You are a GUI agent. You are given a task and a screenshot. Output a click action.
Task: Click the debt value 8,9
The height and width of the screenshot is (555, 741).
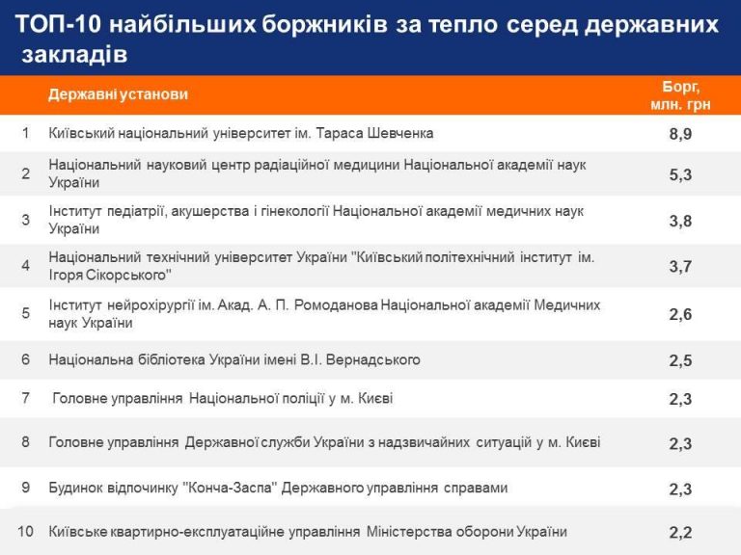click(x=680, y=134)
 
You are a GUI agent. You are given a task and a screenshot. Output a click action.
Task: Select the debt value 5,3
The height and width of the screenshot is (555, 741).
click(x=680, y=175)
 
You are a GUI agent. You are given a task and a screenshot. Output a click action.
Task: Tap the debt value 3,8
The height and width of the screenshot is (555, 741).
click(x=680, y=221)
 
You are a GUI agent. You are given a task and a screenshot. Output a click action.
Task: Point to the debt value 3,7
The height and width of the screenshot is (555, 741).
click(x=680, y=267)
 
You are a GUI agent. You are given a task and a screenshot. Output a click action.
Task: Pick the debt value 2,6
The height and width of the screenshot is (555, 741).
click(x=680, y=314)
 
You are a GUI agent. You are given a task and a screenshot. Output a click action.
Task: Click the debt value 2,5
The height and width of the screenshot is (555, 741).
click(x=680, y=360)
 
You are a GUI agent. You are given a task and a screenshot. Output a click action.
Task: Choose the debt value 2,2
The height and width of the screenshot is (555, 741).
click(x=680, y=533)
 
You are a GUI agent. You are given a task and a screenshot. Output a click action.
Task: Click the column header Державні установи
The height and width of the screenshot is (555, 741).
click(x=118, y=94)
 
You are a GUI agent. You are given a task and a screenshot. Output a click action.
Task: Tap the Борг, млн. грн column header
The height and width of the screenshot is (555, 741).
click(x=680, y=95)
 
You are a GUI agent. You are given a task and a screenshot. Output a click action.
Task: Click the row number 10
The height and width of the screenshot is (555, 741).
click(x=25, y=532)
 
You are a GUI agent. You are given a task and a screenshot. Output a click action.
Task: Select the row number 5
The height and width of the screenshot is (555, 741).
click(x=25, y=313)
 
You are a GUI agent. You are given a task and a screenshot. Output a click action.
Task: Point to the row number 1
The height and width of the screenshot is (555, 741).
click(x=25, y=133)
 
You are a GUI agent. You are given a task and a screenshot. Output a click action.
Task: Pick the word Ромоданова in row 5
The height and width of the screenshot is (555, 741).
click(x=336, y=305)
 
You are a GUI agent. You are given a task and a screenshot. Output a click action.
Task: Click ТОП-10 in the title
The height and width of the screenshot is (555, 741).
click(x=59, y=24)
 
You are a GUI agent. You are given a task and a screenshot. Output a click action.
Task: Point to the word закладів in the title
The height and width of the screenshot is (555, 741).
click(x=74, y=54)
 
